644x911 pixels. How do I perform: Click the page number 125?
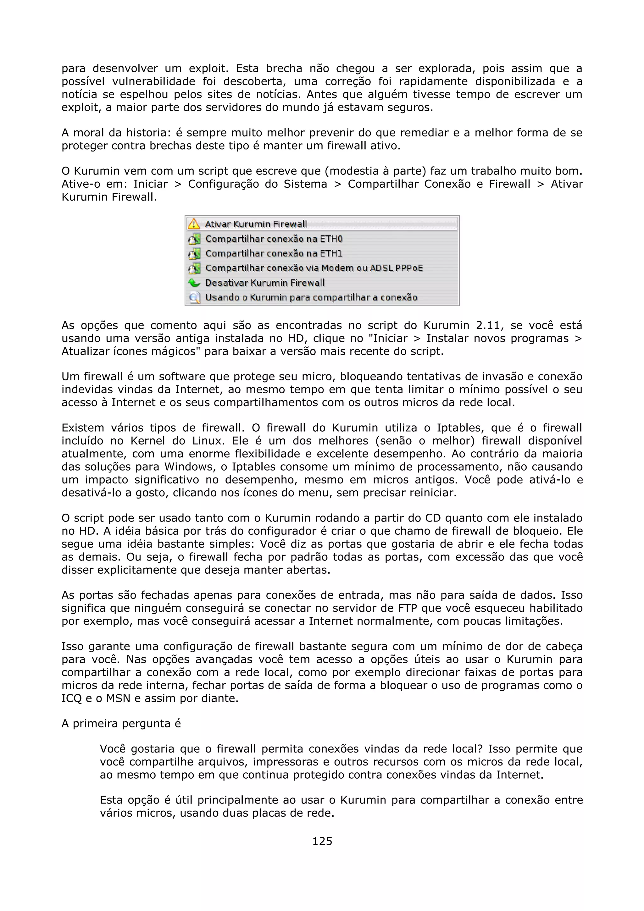tap(322, 841)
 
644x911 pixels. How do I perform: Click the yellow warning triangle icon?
tap(194, 224)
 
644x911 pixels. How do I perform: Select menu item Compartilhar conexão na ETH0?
tap(274, 239)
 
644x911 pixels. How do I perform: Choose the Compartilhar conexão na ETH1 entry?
tap(274, 254)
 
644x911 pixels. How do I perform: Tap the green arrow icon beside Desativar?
tap(194, 283)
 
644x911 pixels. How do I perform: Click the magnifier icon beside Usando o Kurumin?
tap(194, 298)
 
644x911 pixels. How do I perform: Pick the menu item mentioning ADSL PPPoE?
tap(314, 268)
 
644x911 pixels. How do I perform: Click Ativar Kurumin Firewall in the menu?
tap(256, 224)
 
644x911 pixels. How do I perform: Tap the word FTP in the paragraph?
tap(407, 608)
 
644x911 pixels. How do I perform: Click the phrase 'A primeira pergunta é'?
tap(121, 724)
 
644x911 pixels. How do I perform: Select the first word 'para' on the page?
tap(73, 69)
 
